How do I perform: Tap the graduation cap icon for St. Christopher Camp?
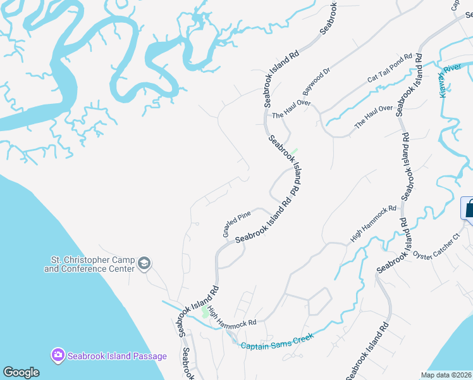coord(144,263)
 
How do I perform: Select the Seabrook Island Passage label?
coord(117,356)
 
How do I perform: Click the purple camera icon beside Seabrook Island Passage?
coord(58,355)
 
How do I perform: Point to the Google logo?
coord(21,372)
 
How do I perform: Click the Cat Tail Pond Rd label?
coord(390,69)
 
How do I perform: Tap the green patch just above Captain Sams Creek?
coord(204,312)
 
